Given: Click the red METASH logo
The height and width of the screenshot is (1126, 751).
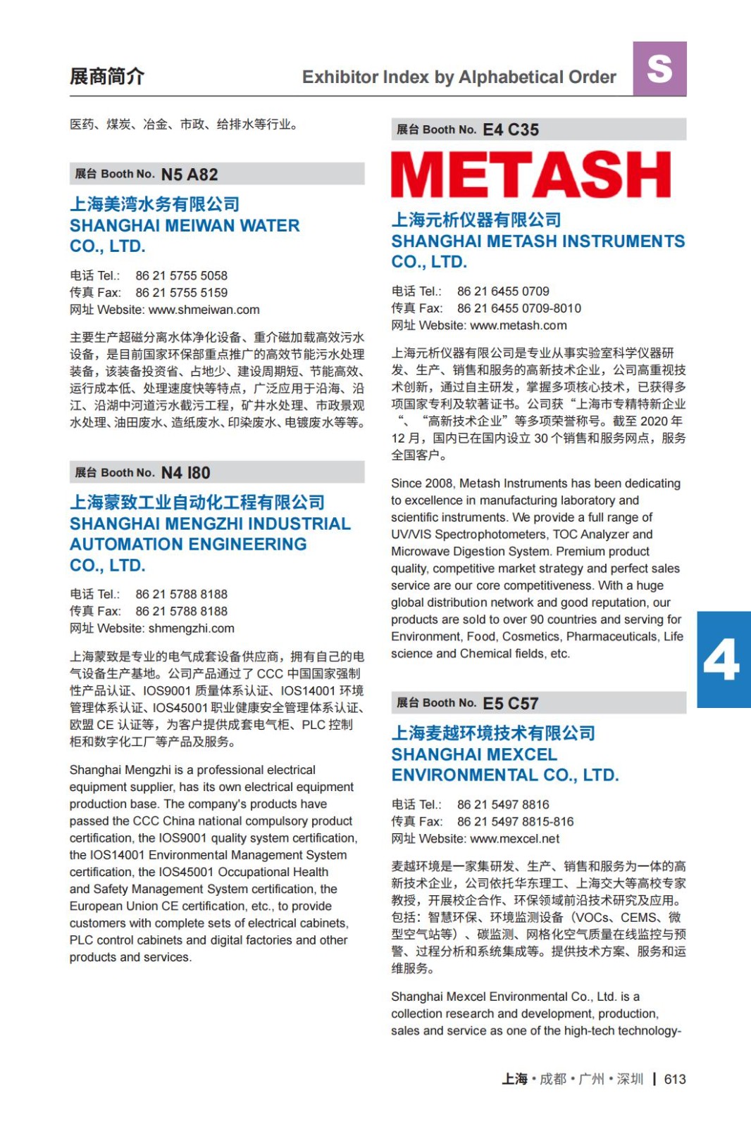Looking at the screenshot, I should click(x=531, y=175).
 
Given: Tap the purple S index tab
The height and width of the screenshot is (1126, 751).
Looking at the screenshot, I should click(x=659, y=69).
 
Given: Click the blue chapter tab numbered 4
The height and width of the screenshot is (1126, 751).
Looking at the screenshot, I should click(x=723, y=659).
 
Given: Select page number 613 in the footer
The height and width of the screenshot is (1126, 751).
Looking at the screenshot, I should click(x=675, y=1079).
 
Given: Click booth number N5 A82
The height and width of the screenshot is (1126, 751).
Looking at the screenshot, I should click(x=190, y=175).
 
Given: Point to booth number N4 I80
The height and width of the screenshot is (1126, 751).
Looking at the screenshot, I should click(x=186, y=473).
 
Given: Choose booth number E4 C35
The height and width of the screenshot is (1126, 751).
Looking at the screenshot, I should click(x=511, y=129).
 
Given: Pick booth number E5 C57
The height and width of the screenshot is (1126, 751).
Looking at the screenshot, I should click(x=511, y=703).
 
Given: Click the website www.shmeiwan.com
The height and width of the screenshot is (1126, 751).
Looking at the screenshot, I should click(x=204, y=310).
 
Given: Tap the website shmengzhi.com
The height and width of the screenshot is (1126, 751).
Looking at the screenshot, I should click(x=192, y=628).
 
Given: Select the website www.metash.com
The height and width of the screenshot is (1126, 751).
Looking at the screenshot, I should click(x=519, y=325).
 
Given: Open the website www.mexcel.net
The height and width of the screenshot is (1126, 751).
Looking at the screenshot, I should click(x=515, y=839).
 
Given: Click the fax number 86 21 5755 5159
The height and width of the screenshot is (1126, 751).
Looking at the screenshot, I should click(x=182, y=293).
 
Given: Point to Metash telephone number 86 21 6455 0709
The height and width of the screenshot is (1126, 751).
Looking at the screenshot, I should click(x=503, y=291).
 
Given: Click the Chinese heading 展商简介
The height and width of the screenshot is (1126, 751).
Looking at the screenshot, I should click(x=107, y=76).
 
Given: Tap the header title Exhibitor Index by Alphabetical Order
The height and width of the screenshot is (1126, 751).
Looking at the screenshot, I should click(x=459, y=77).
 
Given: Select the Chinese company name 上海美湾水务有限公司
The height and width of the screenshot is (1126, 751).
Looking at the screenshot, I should click(x=155, y=204).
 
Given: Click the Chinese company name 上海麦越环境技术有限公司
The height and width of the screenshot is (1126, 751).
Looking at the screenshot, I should click(x=493, y=733).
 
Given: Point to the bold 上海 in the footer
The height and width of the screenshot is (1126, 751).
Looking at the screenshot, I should click(x=514, y=1079).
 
